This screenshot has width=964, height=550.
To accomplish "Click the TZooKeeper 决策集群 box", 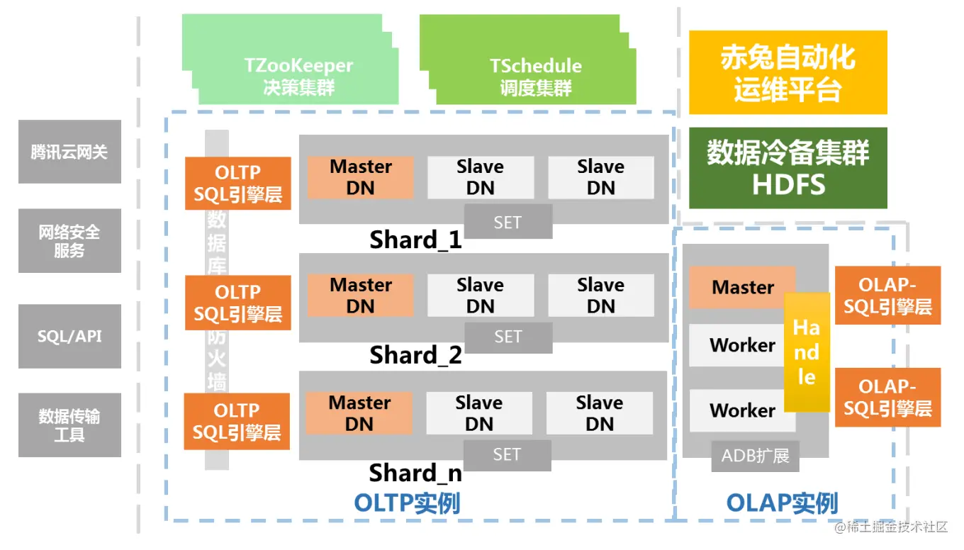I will coord(298,76).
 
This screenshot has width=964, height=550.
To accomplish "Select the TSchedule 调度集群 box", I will coord(535,76).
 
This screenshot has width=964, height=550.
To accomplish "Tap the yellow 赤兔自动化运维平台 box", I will coord(788,73).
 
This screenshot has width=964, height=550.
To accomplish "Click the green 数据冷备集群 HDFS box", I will coord(788,168).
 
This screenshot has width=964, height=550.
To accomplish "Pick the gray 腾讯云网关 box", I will coord(69,152).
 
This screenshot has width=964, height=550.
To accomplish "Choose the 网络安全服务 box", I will coord(69,241).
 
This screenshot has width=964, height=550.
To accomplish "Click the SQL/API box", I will coord(69,337).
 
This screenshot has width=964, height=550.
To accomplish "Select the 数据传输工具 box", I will coord(69,425).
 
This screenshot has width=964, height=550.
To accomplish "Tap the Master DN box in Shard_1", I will coord(360,177).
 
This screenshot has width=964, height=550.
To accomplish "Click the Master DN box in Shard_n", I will coord(359,413).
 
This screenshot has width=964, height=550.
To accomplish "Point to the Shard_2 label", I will coord(415,354).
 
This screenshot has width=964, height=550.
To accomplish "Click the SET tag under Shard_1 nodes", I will coord(508,222).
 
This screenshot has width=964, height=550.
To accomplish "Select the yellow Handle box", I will coord(807,352).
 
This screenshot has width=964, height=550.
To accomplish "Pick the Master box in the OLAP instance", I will coord(742,287).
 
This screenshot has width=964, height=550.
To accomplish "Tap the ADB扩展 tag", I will coord(755,456).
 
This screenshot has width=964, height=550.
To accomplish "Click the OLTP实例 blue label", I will coord(407,503).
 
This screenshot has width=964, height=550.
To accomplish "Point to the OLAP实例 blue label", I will coord(782,503).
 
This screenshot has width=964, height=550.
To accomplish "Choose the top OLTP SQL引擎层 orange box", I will coord(237,184).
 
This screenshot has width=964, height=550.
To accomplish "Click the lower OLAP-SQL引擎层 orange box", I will coord(887,397).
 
